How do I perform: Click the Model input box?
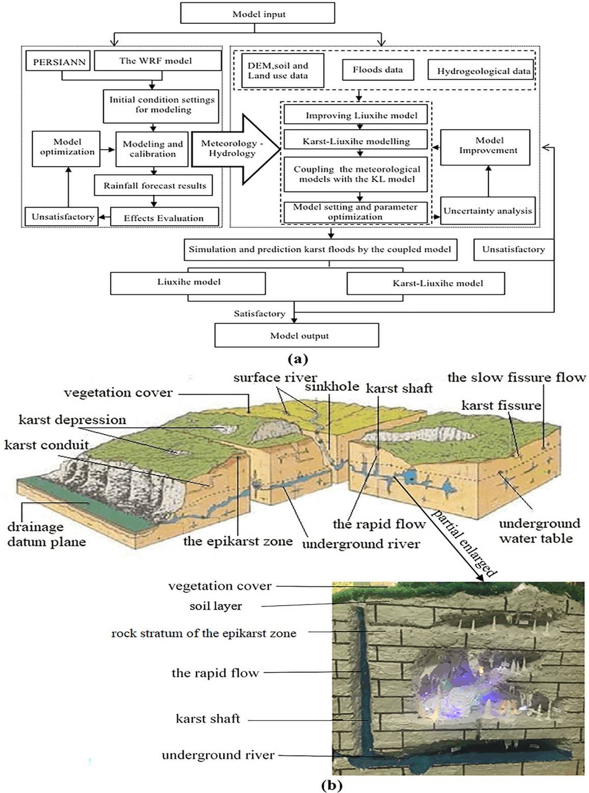(259, 14)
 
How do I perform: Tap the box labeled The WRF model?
(157, 61)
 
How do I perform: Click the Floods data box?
(377, 70)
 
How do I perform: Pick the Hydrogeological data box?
(483, 71)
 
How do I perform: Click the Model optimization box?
(67, 148)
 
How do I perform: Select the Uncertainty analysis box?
(488, 211)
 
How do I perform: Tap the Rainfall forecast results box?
(155, 186)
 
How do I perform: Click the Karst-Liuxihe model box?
(425, 283)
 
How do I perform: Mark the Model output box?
(297, 336)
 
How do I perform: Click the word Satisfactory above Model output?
(259, 314)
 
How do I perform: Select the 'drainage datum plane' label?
(46, 534)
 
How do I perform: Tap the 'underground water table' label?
(539, 531)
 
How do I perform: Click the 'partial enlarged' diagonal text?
(464, 544)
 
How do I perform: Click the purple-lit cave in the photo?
(458, 688)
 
